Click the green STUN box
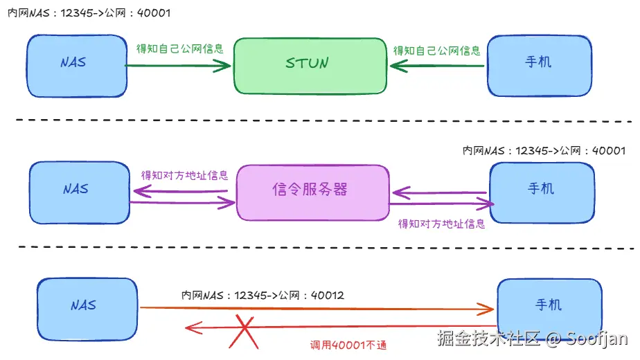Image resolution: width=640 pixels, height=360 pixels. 310,66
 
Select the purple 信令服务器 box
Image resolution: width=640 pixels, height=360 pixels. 312,192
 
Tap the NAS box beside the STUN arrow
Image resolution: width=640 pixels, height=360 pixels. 77,66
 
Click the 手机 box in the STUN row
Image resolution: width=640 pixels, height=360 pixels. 539,66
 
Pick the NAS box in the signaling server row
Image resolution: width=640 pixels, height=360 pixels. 80,192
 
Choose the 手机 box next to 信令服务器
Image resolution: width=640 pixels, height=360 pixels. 542,192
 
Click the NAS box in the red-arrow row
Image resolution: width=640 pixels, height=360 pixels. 87,309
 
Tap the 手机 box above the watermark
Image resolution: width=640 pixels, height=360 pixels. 549,308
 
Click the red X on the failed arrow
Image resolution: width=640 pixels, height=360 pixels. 244,332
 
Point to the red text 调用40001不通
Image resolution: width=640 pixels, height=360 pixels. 348,345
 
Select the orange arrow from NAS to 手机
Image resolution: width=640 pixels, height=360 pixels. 317,309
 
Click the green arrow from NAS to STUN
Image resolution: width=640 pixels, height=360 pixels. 178,66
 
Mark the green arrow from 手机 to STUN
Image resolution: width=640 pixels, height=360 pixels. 437,66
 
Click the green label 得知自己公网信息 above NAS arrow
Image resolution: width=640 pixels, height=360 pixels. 180,48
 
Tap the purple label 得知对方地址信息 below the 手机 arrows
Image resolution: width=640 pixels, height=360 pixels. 442,224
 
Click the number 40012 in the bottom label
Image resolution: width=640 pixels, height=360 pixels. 328,295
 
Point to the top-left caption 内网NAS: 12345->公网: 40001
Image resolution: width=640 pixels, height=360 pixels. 89,13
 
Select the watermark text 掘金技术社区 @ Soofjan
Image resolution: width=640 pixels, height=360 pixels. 532,339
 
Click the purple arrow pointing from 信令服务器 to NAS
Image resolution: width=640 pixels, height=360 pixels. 180,191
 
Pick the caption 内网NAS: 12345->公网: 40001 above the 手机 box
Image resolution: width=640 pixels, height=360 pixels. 544,151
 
